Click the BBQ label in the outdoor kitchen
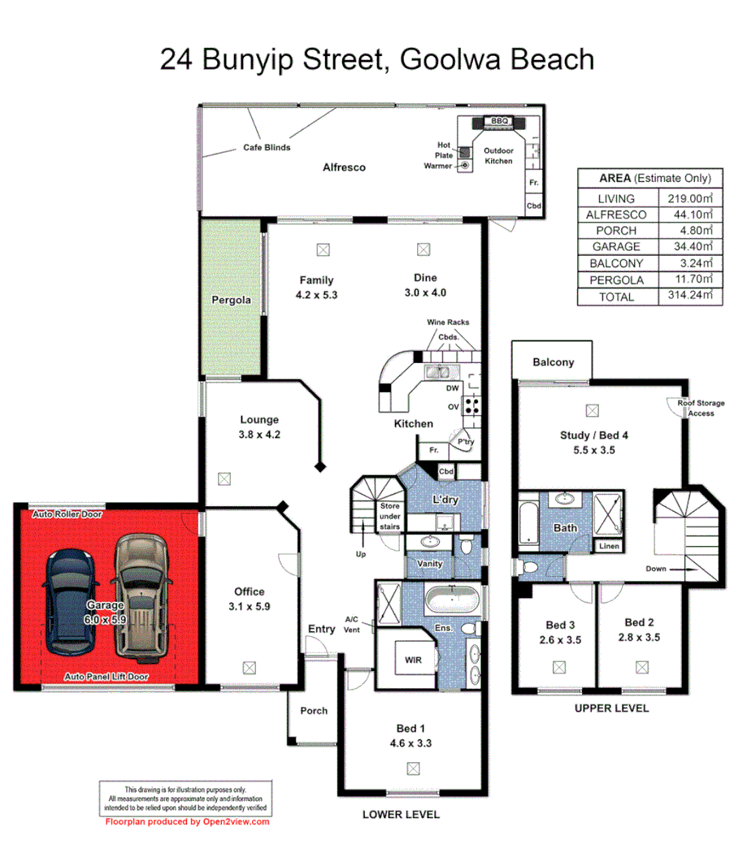(498, 121)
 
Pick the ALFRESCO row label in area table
(616, 214)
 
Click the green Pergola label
(231, 300)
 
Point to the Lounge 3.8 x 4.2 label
(259, 426)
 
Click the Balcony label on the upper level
(554, 362)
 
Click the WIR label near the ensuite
(413, 660)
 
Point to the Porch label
(314, 711)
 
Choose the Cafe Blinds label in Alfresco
(267, 148)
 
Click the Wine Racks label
(448, 323)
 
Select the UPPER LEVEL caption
(611, 708)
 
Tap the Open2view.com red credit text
(187, 821)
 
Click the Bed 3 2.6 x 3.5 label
(560, 631)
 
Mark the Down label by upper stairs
(657, 569)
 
